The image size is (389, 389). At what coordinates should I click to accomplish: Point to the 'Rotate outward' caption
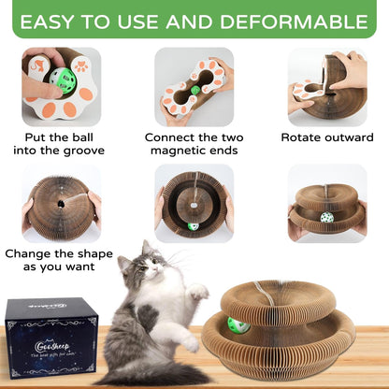pyautogui.click(x=326, y=137)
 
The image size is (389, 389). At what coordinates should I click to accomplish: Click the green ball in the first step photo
pyautogui.click(x=61, y=79)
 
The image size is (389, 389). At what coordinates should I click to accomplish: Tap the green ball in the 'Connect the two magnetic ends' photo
pyautogui.click(x=195, y=91)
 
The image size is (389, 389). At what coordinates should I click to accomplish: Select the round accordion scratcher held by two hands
pyautogui.click(x=61, y=202)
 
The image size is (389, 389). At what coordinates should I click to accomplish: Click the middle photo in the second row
pyautogui.click(x=194, y=202)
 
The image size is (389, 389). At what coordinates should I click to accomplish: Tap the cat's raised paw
pyautogui.click(x=197, y=293)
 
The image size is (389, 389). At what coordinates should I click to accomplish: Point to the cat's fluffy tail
pyautogui.click(x=140, y=375)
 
